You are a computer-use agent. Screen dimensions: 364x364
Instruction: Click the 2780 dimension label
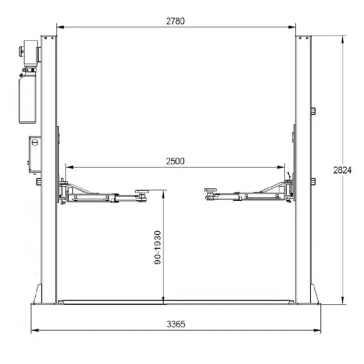click(x=175, y=21)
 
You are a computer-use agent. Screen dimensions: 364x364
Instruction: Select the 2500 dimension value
click(x=175, y=161)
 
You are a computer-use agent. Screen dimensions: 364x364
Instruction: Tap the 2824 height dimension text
click(x=342, y=170)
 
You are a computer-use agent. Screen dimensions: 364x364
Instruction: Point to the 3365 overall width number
click(x=176, y=324)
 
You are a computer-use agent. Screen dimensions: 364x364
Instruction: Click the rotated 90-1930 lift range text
click(x=158, y=248)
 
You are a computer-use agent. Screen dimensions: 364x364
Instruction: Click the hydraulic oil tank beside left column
click(x=27, y=99)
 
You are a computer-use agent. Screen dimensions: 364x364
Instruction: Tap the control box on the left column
click(x=35, y=154)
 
